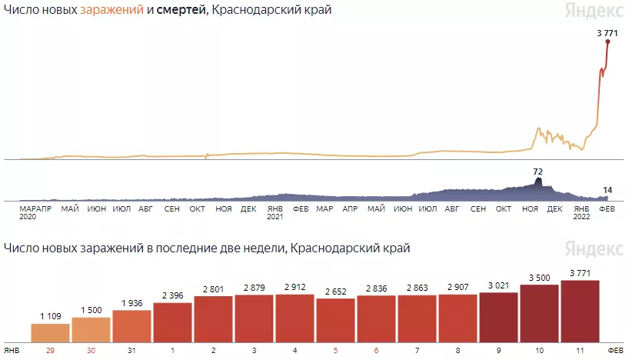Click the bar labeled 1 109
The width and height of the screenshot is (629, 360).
tap(50, 332)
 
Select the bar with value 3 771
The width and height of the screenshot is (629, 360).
tap(580, 311)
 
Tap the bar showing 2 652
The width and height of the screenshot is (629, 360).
tap(335, 319)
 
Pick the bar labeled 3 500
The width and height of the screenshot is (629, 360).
tap(539, 313)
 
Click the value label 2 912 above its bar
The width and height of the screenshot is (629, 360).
tap(295, 287)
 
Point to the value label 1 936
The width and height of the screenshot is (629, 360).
tap(131, 303)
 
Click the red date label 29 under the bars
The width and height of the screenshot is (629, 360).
tap(50, 350)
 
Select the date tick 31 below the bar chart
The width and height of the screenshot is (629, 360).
tap(131, 350)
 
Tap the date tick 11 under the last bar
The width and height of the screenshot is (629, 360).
tap(580, 350)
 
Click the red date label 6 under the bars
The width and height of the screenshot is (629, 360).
tap(376, 350)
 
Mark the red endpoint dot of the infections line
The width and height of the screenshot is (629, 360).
tap(607, 42)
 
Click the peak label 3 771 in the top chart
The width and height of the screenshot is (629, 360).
tap(607, 32)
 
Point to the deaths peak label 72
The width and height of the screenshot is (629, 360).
tap(538, 171)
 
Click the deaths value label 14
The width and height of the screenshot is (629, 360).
tap(607, 190)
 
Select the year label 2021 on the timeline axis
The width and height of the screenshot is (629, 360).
tap(275, 217)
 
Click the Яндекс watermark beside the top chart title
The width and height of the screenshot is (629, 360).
tap(594, 12)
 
